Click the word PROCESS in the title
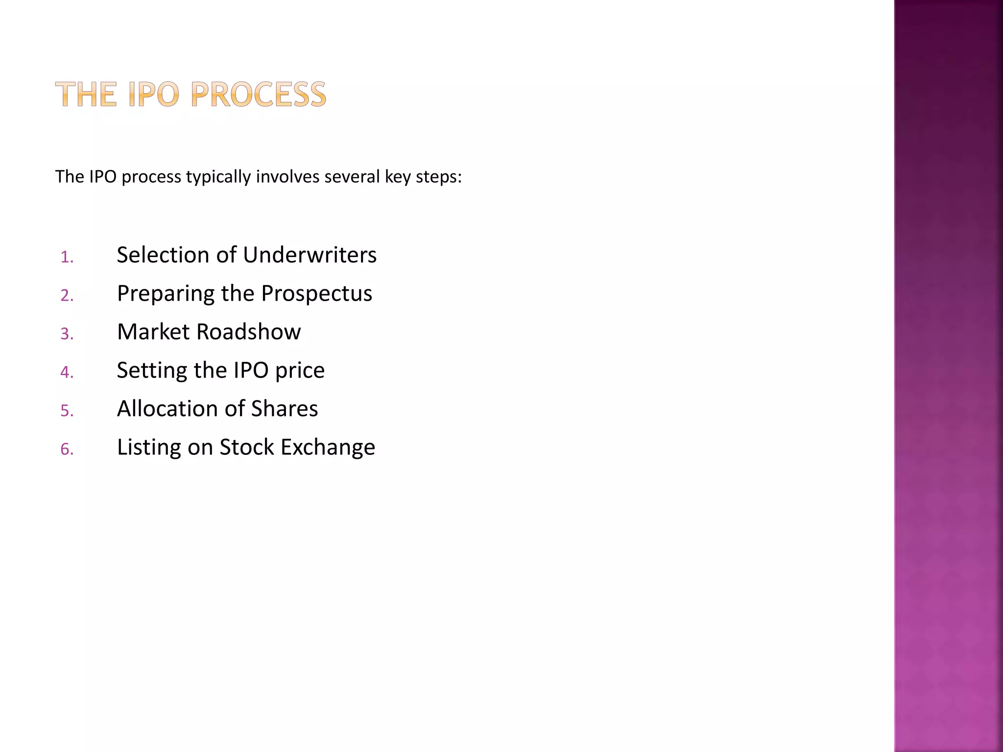tap(258, 94)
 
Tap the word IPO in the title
tap(154, 94)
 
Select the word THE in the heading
tap(86, 94)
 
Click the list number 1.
tap(67, 257)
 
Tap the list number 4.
tap(67, 373)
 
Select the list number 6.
tap(67, 449)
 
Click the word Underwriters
tap(310, 255)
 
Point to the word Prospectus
tap(316, 294)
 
